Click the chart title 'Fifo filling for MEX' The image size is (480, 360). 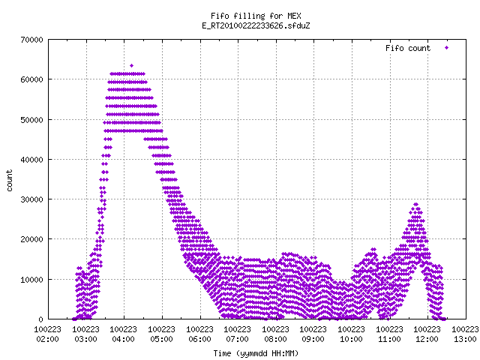click(x=256, y=16)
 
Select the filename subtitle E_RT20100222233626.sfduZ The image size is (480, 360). click(x=256, y=25)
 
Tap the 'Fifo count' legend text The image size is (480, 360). click(x=408, y=48)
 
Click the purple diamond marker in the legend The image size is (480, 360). click(x=447, y=48)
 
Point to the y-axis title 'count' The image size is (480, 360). click(x=10, y=181)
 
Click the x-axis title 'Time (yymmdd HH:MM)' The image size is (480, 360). click(x=256, y=353)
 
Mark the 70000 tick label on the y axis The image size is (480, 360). click(x=31, y=40)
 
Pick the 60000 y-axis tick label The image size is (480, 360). click(x=31, y=80)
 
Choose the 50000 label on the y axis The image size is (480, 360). click(x=31, y=120)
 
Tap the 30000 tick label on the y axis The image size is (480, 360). click(x=31, y=199)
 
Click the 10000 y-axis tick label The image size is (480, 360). click(x=31, y=280)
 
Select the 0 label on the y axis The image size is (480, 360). click(x=40, y=319)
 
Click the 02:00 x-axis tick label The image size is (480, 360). click(x=48, y=339)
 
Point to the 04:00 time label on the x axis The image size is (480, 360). click(x=124, y=339)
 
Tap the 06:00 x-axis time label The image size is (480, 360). click(x=200, y=339)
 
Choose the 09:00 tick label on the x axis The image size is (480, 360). click(x=313, y=339)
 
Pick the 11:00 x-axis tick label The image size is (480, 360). click(x=389, y=339)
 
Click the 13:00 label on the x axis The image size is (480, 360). click(x=465, y=339)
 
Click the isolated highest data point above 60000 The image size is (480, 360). click(x=132, y=65)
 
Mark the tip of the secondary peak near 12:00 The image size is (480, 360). click(x=415, y=204)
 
